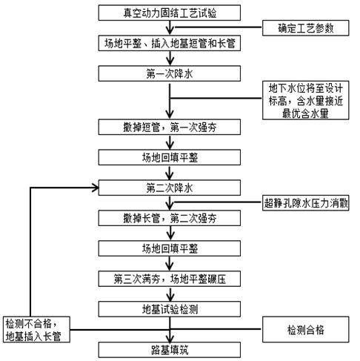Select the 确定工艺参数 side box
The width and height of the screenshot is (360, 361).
tap(304, 28)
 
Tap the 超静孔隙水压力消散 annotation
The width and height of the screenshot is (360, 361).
tap(306, 202)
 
